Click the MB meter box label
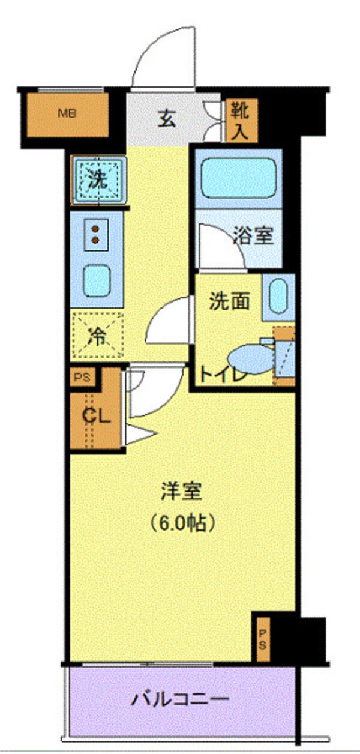[66, 113]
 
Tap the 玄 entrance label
[167, 119]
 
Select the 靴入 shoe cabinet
[241, 120]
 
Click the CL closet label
[96, 415]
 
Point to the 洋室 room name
[181, 492]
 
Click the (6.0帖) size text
[181, 523]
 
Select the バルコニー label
[181, 699]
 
